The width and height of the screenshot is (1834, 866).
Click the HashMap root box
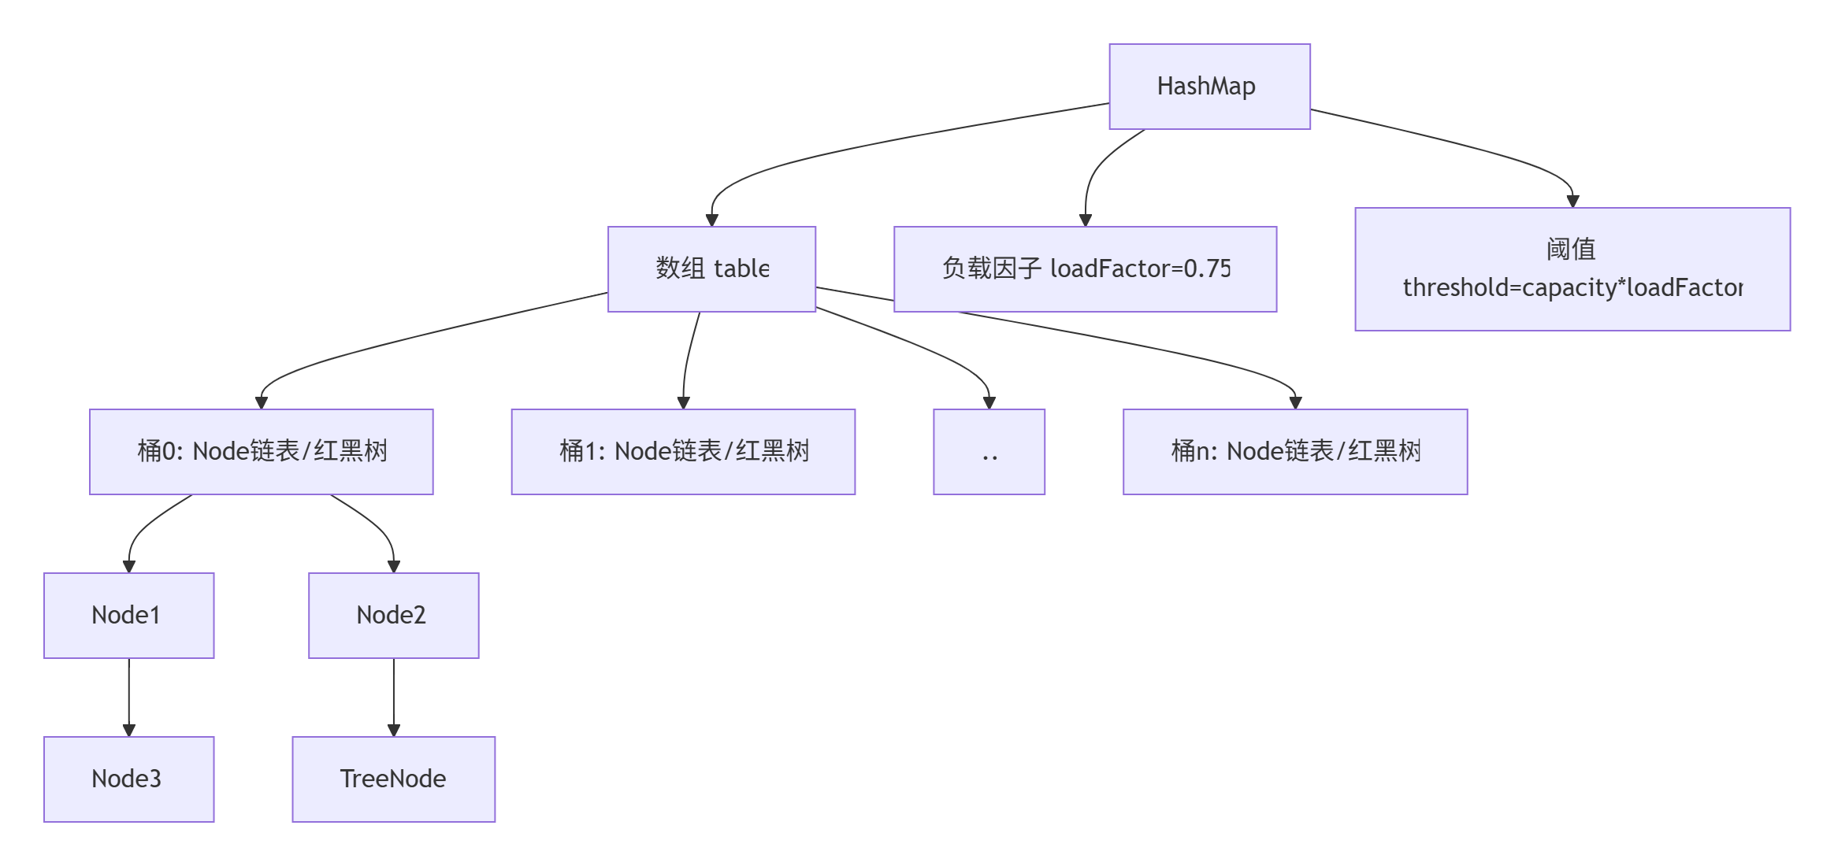tap(1208, 87)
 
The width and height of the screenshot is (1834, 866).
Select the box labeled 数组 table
tap(711, 269)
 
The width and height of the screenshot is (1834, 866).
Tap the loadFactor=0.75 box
tap(1085, 269)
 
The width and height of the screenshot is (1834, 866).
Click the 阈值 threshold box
tap(1572, 269)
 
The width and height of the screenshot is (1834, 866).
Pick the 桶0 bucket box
tap(261, 452)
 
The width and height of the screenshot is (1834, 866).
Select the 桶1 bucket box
tap(683, 452)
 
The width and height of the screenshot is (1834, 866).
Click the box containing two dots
tap(989, 452)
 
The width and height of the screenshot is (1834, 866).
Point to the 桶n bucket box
tap(1294, 452)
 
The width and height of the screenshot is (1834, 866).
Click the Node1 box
tap(128, 616)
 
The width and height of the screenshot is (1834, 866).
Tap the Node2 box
tap(393, 616)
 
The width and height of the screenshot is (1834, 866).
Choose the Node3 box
tap(128, 779)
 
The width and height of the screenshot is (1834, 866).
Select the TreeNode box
tap(393, 779)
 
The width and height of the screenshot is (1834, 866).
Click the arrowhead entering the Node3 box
tap(129, 731)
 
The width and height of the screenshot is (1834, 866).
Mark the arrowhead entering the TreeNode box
tap(394, 731)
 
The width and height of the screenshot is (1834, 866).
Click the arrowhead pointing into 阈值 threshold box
tap(1572, 202)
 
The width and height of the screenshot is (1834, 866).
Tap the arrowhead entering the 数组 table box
tap(711, 220)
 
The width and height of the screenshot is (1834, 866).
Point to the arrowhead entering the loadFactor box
tap(1085, 220)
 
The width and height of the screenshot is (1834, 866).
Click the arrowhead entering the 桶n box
tap(1295, 403)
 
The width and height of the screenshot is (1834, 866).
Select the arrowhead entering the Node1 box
tap(129, 567)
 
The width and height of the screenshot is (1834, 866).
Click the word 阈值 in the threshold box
tap(1570, 250)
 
